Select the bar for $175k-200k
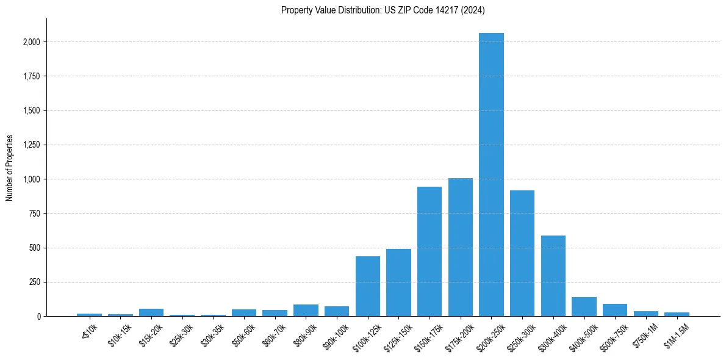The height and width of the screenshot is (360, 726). tap(461, 247)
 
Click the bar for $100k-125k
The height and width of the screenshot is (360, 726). tap(368, 286)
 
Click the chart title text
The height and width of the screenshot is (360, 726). tap(383, 10)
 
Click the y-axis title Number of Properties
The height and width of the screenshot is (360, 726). tap(10, 168)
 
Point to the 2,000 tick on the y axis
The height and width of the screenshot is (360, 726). tap(32, 42)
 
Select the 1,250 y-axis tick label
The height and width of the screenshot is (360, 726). tap(32, 145)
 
